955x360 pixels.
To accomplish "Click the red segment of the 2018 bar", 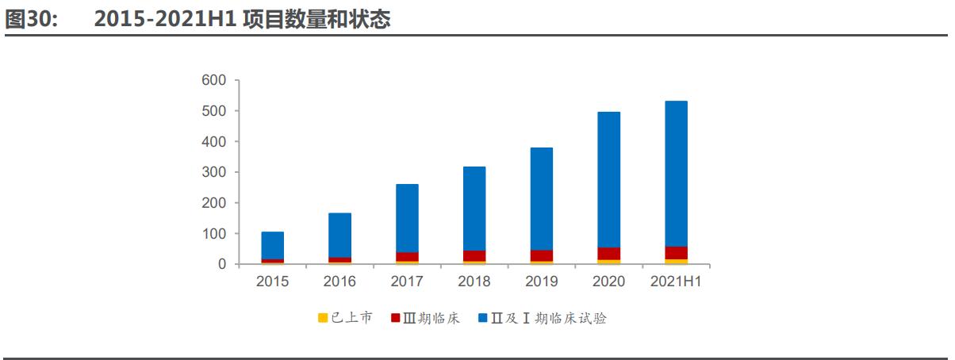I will (x=474, y=255).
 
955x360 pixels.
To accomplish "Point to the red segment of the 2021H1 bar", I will (x=676, y=252).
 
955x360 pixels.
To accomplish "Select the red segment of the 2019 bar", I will (x=542, y=255).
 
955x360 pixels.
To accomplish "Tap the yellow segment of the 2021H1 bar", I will (x=676, y=261).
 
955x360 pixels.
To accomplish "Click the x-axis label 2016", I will (x=339, y=281).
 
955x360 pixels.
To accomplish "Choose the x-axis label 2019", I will (x=542, y=281).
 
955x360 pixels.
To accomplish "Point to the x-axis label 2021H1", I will (x=676, y=281).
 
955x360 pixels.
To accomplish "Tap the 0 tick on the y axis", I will (x=223, y=264).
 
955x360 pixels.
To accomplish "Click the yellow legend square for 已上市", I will (x=323, y=319).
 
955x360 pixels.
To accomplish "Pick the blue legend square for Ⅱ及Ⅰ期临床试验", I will (x=483, y=319).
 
